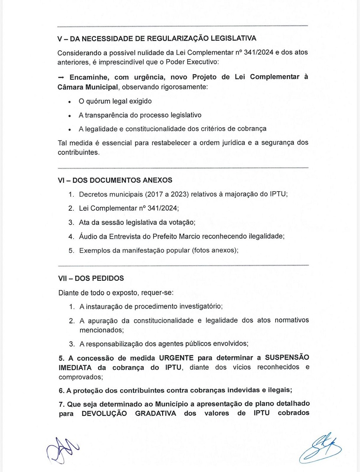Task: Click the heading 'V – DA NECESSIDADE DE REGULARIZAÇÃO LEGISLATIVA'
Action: (x=157, y=38)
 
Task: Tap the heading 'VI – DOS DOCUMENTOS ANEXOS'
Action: (x=115, y=180)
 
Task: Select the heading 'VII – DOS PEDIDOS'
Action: (x=91, y=278)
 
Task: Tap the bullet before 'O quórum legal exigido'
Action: (x=70, y=102)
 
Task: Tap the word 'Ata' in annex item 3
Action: (x=85, y=222)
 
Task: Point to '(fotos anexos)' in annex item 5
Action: (x=216, y=250)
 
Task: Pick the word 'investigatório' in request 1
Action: (x=200, y=306)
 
